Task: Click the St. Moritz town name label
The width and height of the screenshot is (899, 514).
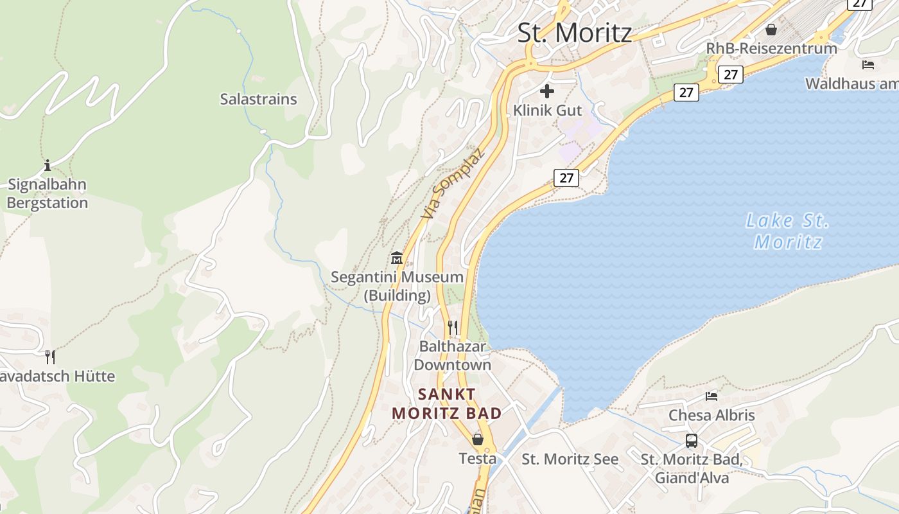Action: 575,33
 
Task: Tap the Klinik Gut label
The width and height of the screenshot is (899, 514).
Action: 547,111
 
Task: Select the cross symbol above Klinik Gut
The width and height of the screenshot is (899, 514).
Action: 547,91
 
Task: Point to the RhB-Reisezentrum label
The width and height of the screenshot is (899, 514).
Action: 771,48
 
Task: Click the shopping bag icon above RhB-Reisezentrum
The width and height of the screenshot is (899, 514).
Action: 771,30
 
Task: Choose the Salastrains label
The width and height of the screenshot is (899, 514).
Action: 258,99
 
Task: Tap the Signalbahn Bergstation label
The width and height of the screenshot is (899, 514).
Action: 47,193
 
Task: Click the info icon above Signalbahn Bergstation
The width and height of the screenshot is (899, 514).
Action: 47,166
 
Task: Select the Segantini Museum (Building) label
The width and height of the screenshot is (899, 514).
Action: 397,286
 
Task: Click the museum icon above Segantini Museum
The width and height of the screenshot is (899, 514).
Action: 397,258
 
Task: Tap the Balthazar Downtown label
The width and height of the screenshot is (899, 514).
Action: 452,355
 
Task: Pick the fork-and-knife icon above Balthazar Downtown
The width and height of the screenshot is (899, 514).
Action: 453,327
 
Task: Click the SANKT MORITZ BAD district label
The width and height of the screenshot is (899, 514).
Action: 447,403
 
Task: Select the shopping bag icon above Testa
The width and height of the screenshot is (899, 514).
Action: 478,439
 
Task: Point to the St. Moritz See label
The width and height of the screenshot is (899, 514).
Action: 570,459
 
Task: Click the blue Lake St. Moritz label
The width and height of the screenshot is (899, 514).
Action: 787,231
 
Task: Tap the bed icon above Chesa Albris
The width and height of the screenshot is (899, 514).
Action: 711,396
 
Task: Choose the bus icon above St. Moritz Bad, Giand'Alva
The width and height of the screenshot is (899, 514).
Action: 692,441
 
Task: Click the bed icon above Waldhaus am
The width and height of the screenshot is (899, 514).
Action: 868,65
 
